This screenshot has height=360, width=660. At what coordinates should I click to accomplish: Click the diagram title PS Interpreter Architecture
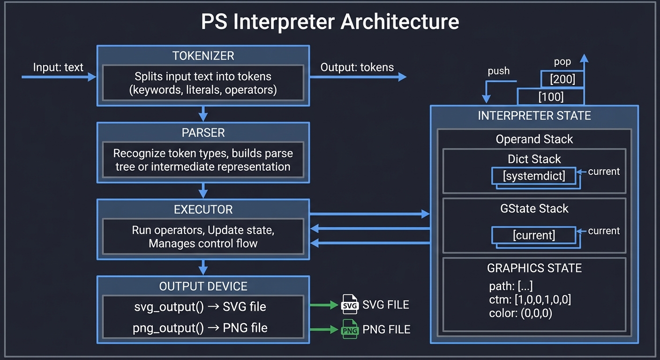pos(330,22)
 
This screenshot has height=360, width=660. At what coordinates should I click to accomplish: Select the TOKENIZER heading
pos(203,56)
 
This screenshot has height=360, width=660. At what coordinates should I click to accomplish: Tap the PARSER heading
pos(203,133)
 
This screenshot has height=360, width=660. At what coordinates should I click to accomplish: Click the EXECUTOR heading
pos(203,210)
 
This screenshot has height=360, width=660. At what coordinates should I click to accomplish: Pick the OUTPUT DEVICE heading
pos(203,286)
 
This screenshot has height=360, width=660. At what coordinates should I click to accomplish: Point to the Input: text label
pos(58,67)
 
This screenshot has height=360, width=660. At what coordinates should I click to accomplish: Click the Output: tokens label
pos(357,67)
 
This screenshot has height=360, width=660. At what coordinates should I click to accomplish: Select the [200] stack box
pos(562,79)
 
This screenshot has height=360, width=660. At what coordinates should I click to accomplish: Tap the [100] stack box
pos(551,97)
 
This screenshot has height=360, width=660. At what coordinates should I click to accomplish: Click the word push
pos(498,71)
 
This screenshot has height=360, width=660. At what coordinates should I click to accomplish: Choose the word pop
pos(562,61)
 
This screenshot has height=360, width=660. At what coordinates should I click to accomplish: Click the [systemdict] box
pos(533,176)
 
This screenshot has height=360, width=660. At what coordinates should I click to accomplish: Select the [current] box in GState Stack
pos(533,235)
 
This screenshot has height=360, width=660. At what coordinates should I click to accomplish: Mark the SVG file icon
pos(350,305)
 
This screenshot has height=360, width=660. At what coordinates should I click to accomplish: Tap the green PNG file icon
pos(350,329)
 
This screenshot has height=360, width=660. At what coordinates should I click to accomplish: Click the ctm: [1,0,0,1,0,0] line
pos(530,300)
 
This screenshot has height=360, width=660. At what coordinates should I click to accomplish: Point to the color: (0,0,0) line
pos(520,313)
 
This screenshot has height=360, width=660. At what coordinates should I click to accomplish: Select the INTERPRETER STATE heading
pos(534,116)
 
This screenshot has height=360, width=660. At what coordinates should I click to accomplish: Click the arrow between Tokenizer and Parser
pos(203,113)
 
